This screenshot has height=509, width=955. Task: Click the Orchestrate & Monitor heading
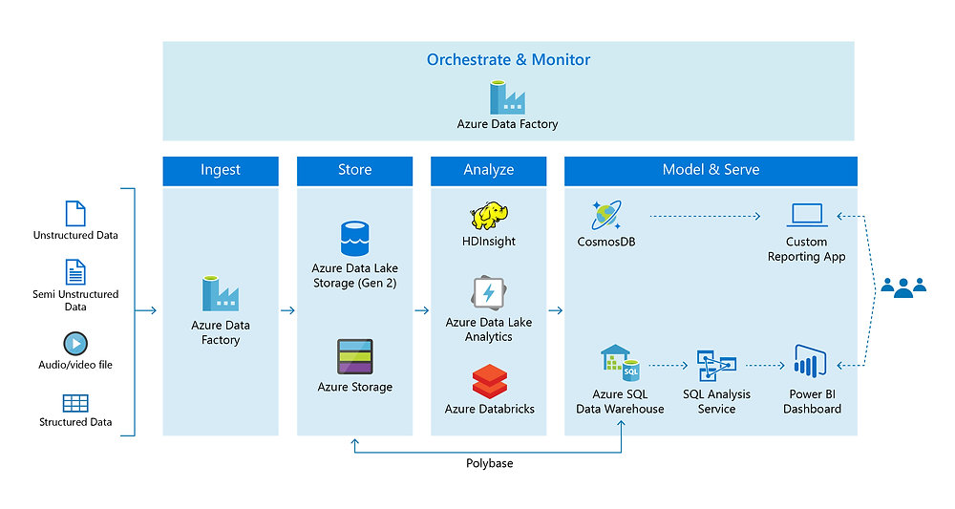[508, 59]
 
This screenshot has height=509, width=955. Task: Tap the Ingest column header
[221, 170]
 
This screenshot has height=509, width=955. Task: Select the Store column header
[354, 170]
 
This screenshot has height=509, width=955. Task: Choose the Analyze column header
[488, 170]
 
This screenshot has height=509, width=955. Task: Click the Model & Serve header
[711, 170]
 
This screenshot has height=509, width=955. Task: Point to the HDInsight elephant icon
[488, 216]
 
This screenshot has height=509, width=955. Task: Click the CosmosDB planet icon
[606, 216]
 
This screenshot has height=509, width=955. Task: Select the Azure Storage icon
[354, 357]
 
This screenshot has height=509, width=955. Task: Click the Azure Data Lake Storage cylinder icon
[354, 239]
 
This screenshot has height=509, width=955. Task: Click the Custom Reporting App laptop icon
[807, 216]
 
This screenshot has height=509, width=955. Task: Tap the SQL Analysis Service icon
[716, 365]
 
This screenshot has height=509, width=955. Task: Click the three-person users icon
[902, 286]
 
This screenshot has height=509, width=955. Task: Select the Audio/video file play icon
[75, 343]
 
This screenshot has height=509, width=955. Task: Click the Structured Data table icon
[75, 403]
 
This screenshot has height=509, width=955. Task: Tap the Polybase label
[489, 463]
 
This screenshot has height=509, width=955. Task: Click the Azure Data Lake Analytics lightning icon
[488, 292]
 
